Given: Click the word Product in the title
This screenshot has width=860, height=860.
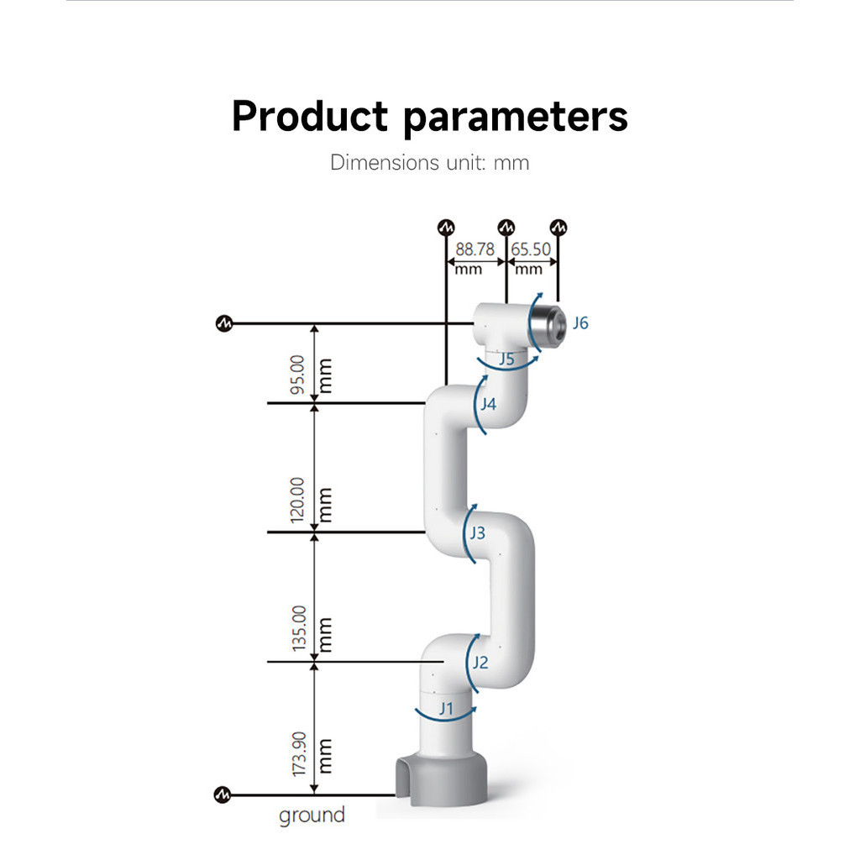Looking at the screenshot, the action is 310,116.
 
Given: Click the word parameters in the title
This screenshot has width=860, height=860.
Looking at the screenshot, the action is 516,118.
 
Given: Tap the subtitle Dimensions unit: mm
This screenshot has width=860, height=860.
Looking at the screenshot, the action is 429,163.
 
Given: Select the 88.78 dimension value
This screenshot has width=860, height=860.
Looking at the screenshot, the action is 475,249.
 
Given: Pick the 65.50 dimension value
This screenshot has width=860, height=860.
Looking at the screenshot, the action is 531,249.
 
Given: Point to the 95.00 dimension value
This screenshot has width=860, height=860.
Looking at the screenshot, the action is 297,375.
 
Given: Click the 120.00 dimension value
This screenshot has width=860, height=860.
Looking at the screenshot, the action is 297,501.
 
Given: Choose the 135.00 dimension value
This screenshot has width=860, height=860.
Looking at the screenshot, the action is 299,628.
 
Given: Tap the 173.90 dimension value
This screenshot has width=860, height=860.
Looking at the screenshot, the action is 299,754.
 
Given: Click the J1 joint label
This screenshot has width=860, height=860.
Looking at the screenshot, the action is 447,709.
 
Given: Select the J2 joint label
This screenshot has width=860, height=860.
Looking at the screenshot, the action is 480,663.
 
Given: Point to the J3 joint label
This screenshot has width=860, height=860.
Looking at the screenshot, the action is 477,532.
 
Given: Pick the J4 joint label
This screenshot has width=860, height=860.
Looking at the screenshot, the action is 488,404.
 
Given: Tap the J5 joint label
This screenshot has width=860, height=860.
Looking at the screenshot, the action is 506,359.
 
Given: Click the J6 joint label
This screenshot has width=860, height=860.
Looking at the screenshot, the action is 580,323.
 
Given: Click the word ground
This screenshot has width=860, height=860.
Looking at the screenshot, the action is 312,815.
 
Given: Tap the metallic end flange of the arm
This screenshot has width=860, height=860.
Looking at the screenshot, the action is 548,328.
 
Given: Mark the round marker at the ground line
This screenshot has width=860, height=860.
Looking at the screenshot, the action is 222,794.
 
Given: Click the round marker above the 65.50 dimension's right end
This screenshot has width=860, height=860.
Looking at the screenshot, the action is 558,227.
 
